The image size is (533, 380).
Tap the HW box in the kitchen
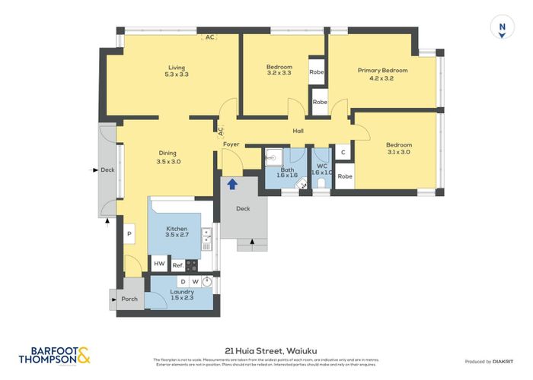pos(159,264)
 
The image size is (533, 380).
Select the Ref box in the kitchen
pos(177,264)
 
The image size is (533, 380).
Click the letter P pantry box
pos(129,234)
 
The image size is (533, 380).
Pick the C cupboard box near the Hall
pos(343,153)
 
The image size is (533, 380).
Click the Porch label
pos(130,299)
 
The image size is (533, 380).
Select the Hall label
pos(298,131)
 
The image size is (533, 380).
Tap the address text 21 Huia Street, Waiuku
pos(266,349)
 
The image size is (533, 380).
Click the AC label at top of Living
pos(209,36)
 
